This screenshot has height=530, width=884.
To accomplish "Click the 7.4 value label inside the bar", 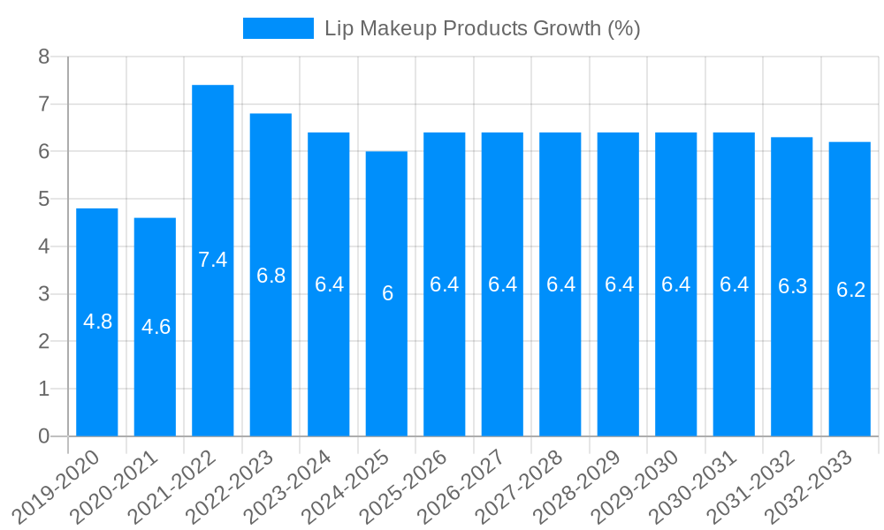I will pyautogui.click(x=213, y=260).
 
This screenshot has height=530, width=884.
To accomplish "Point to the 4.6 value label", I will pyautogui.click(x=156, y=327).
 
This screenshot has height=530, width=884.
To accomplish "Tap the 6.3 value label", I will pyautogui.click(x=792, y=286).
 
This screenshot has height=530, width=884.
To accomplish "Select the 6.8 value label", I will pyautogui.click(x=271, y=276).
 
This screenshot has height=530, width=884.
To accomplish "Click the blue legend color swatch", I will pyautogui.click(x=278, y=28).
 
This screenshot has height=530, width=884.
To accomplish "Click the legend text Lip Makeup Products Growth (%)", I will pyautogui.click(x=482, y=28).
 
